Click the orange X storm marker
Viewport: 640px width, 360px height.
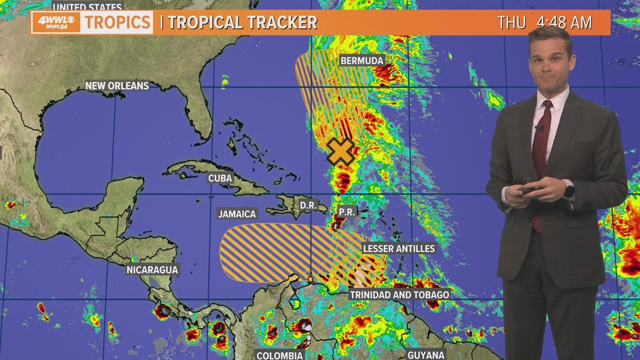pyautogui.click(x=341, y=151)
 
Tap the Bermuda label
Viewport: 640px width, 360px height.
pyautogui.click(x=362, y=61)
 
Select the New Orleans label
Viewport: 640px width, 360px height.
pyautogui.click(x=117, y=86)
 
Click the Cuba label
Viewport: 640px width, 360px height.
pyautogui.click(x=220, y=178)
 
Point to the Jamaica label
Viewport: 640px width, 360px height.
pyautogui.click(x=237, y=213)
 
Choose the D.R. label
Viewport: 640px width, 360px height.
pyautogui.click(x=308, y=206)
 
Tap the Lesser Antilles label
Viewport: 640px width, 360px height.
pyautogui.click(x=399, y=248)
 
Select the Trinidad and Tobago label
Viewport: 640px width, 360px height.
pyautogui.click(x=399, y=294)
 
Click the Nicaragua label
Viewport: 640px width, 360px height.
pyautogui.click(x=152, y=270)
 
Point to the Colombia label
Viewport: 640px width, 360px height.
pyautogui.click(x=280, y=355)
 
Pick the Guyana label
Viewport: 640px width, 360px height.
pyautogui.click(x=426, y=355)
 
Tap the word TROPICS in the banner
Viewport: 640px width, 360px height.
pyautogui.click(x=117, y=22)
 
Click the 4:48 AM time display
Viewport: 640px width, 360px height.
pyautogui.click(x=564, y=22)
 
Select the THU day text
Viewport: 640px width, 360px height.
pyautogui.click(x=511, y=22)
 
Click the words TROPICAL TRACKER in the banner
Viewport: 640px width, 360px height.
pyautogui.click(x=243, y=22)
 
